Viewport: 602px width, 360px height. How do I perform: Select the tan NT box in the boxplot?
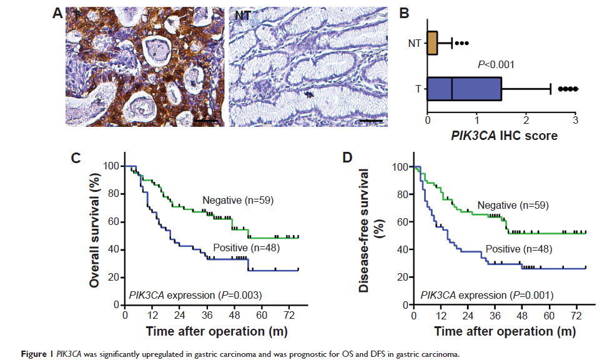pos(432,44)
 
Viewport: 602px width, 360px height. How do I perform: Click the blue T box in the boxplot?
pos(464,89)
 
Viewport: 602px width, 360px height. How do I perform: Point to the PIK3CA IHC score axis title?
pos(500,135)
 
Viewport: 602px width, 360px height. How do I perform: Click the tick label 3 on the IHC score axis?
pos(575,119)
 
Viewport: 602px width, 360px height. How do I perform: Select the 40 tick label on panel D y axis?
pos(404,249)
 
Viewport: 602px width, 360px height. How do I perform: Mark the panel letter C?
pos(75,158)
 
